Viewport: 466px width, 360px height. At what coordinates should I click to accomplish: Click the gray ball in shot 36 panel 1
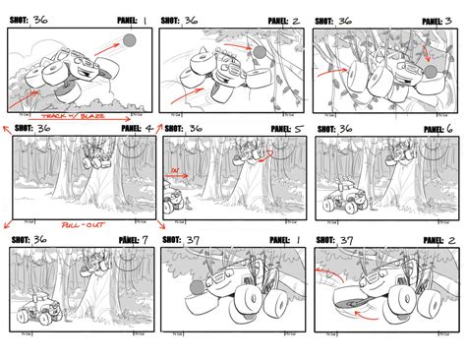coord(130,41)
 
